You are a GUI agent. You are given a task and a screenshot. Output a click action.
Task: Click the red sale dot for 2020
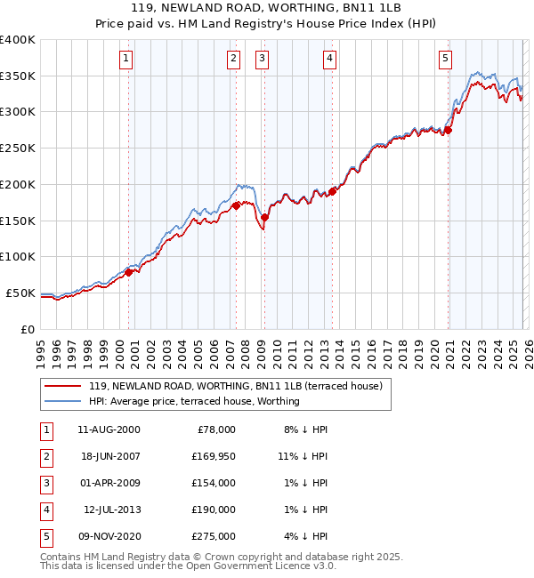[x=449, y=130]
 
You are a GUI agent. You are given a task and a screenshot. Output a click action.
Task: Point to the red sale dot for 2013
[x=332, y=191]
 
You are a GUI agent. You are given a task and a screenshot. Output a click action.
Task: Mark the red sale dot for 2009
[x=264, y=217]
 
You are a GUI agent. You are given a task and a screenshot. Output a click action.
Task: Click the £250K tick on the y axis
[x=18, y=148]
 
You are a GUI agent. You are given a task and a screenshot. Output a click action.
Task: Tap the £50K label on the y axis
[x=20, y=293]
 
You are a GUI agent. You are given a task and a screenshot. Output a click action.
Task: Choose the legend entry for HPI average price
[x=194, y=401]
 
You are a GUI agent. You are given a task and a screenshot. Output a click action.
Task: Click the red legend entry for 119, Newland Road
[x=235, y=386]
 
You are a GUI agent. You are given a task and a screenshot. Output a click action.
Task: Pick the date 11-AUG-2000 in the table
[x=109, y=429]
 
